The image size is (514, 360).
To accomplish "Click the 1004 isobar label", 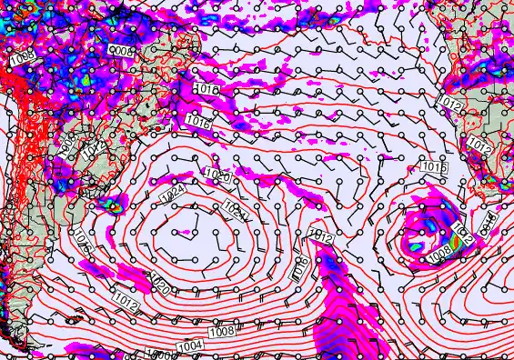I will pyautogui.click(x=191, y=345).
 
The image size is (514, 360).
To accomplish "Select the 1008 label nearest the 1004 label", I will pyautogui.click(x=222, y=334).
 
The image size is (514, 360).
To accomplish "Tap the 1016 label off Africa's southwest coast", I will pyautogui.click(x=433, y=167).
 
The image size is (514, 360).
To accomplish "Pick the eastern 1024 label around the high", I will pyautogui.click(x=234, y=213).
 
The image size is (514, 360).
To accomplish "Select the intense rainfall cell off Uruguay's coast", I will pyautogui.click(x=115, y=206).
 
